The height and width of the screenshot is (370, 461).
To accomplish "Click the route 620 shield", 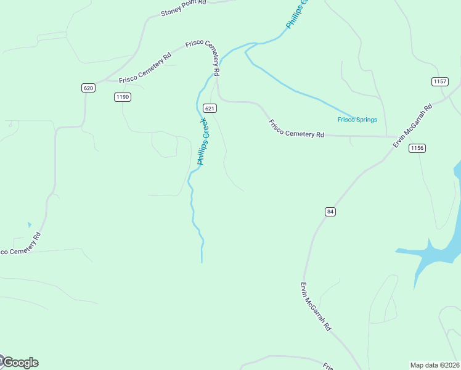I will [88, 88].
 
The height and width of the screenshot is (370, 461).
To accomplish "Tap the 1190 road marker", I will [123, 97].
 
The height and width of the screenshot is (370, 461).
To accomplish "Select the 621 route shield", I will [210, 109].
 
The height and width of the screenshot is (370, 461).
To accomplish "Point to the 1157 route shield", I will [439, 81].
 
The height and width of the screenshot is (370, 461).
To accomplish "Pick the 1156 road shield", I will [417, 148].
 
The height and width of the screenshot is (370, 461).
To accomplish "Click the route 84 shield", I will [330, 212].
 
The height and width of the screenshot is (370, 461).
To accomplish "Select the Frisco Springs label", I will [357, 120].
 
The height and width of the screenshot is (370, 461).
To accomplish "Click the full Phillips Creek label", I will [204, 142].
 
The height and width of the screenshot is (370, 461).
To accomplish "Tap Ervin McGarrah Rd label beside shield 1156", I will [413, 125].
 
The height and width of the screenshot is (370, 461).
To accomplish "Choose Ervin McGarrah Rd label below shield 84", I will [316, 307].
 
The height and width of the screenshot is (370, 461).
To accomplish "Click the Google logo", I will [20, 363].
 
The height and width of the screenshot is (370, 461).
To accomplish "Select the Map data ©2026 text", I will [434, 365].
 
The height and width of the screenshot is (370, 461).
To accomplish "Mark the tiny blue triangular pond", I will [29, 225].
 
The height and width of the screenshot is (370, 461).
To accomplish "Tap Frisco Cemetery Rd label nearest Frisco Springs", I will [296, 128].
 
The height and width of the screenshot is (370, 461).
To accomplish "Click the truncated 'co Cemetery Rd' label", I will [20, 244].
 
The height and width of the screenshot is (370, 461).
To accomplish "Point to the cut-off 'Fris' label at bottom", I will [328, 366].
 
